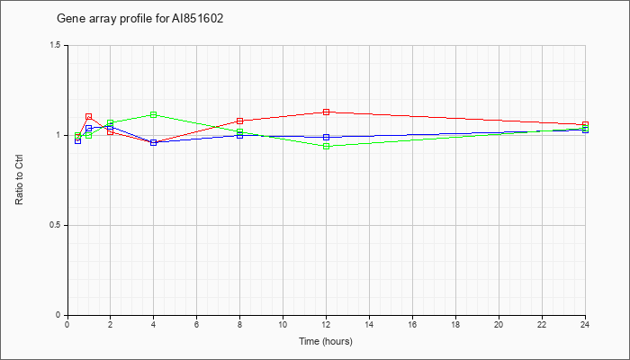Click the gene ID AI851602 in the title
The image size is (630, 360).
point(198,19)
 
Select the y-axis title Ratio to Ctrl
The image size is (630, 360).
point(19,181)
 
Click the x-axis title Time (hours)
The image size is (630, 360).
point(326,341)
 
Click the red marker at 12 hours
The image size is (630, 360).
point(326,112)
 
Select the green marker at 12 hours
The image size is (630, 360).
point(326,146)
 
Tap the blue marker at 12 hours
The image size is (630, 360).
point(326,138)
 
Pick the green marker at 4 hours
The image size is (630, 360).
point(154,115)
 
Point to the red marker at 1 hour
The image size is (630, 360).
point(89,117)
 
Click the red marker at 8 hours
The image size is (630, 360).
point(240,121)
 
